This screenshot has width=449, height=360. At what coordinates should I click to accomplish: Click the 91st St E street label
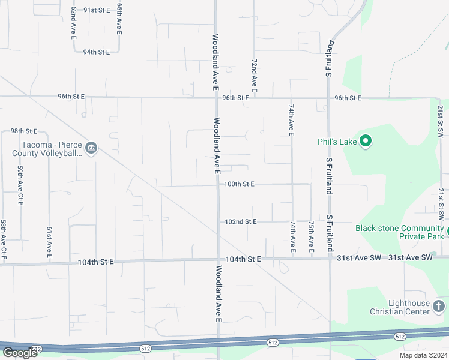pos(97,10)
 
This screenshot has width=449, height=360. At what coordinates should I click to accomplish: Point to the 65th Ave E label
pos(119,18)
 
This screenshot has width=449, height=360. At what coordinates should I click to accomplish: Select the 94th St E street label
pos(97,52)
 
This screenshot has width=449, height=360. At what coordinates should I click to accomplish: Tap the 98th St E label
pos(24,131)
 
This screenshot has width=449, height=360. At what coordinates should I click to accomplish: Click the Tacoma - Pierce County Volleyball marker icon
pos(91,148)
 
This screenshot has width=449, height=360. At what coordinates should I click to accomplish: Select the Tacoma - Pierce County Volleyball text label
pos(50,149)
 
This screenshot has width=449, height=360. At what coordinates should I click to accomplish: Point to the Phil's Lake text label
pos(337,142)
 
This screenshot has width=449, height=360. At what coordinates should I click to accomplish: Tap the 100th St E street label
pos(240,184)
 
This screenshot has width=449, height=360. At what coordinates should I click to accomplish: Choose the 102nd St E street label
pos(240,221)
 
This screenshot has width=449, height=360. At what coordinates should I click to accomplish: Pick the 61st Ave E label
pos(49,243)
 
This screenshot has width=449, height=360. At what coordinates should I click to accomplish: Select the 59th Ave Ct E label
pos(20,186)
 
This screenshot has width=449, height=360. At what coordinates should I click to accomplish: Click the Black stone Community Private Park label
pos(399,232)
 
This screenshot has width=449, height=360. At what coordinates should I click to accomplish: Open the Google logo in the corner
pos(20,353)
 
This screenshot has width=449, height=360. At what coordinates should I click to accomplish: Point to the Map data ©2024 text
pos(422,355)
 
